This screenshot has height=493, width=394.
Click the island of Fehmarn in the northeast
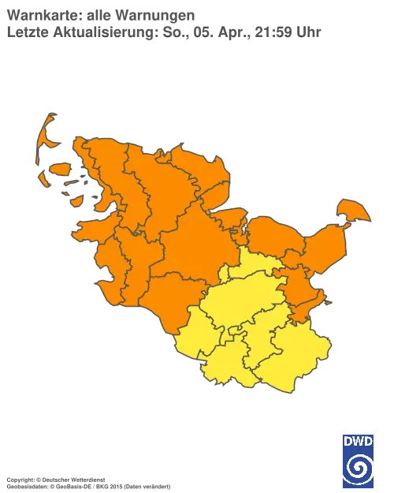pos(352,211)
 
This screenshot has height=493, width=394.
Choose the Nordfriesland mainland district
pos(110,177)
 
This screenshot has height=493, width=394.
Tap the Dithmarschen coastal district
pos(126,268)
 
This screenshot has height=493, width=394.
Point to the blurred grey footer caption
pos(87,478)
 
